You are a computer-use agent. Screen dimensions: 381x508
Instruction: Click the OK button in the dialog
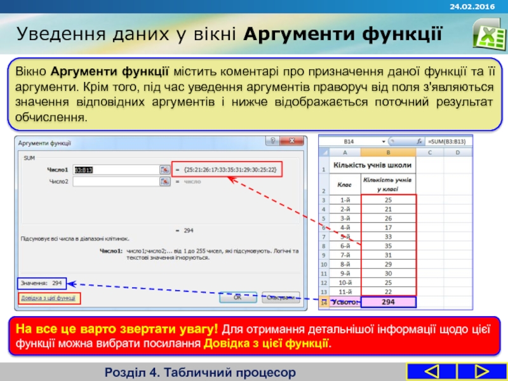pos(237,297)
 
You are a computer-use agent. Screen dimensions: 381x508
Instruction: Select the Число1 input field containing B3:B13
pos(116,170)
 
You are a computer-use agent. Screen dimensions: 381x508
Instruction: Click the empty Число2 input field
pos(116,182)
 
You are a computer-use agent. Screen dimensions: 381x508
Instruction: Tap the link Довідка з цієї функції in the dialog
pos(49,298)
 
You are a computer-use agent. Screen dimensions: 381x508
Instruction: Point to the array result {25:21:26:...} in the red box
pos(229,170)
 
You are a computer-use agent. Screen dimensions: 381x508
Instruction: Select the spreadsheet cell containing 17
pos(387,227)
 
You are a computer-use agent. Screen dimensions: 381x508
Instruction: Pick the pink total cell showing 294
pos(387,302)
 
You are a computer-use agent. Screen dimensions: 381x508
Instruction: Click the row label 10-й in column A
pos(345,282)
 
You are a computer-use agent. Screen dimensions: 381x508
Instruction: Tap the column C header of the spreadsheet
pos(429,152)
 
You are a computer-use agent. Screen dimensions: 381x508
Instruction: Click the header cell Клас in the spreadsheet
pos(345,184)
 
